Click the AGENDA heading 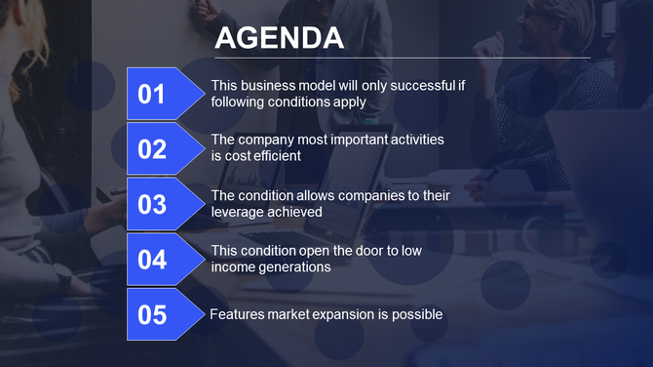279,38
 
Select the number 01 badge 153,95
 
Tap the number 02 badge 153,149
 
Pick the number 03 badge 153,205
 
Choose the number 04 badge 153,260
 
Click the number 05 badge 153,315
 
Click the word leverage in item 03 238,212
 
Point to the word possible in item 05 418,314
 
